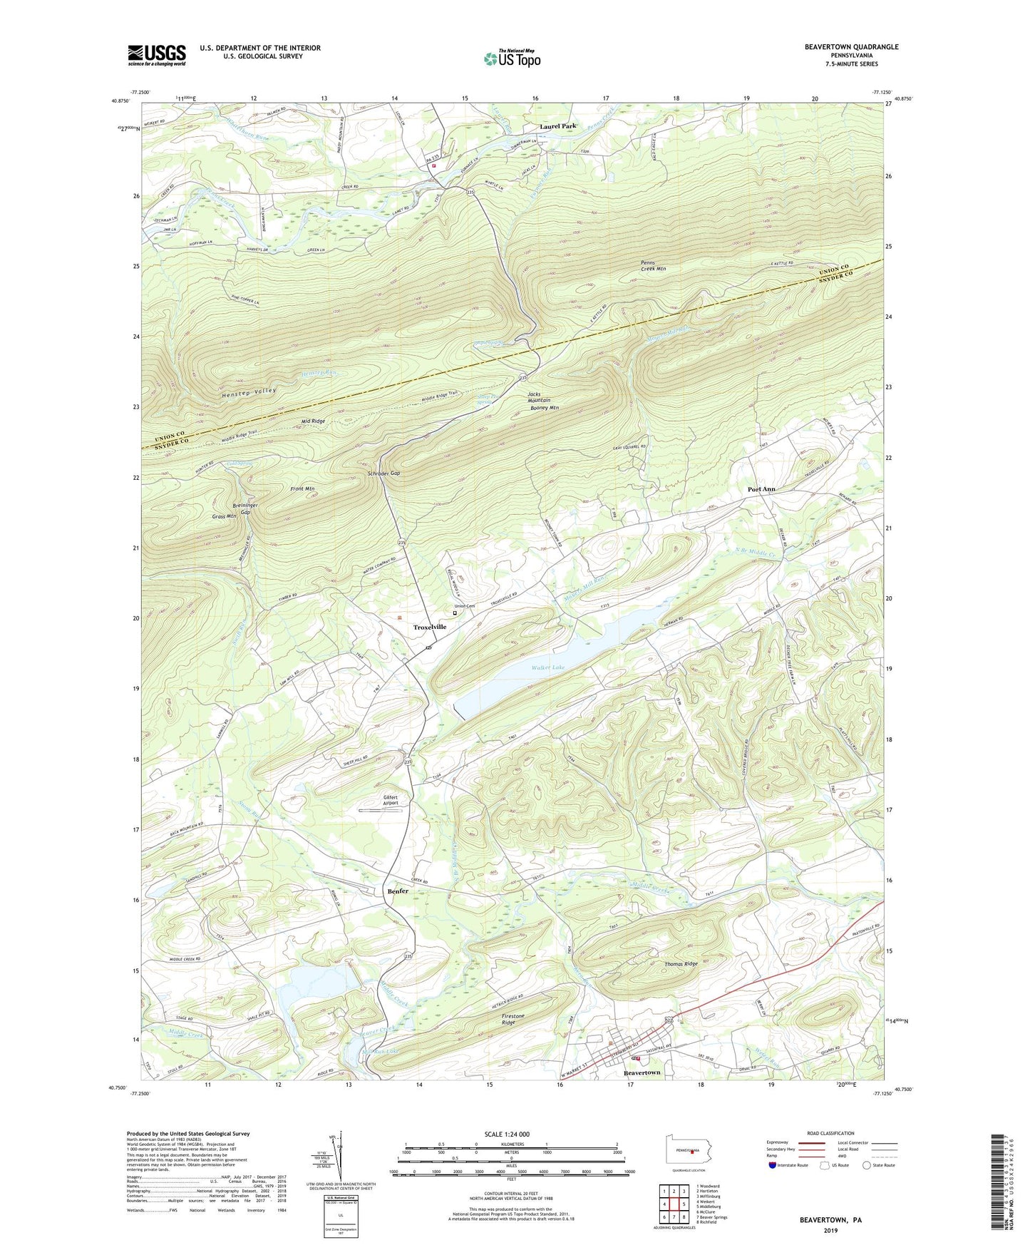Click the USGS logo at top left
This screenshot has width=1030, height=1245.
click(x=157, y=55)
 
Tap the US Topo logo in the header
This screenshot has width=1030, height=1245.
click(x=511, y=58)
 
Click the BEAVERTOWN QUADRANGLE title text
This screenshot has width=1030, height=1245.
click(x=851, y=47)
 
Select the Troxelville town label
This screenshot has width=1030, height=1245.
click(x=430, y=627)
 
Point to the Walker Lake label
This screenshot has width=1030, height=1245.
click(x=548, y=668)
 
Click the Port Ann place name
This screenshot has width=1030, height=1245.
click(x=761, y=489)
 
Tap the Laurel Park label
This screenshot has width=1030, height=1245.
click(x=557, y=126)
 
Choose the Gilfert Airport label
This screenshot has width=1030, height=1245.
click(x=390, y=800)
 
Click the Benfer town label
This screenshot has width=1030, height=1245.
click(x=398, y=891)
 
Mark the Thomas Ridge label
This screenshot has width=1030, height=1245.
click(x=681, y=964)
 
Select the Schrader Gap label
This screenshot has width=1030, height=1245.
click(x=384, y=473)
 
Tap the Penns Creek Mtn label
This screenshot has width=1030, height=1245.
click(x=652, y=265)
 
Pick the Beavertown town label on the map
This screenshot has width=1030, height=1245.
click(x=642, y=1072)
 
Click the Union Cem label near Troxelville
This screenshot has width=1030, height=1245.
click(x=465, y=606)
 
